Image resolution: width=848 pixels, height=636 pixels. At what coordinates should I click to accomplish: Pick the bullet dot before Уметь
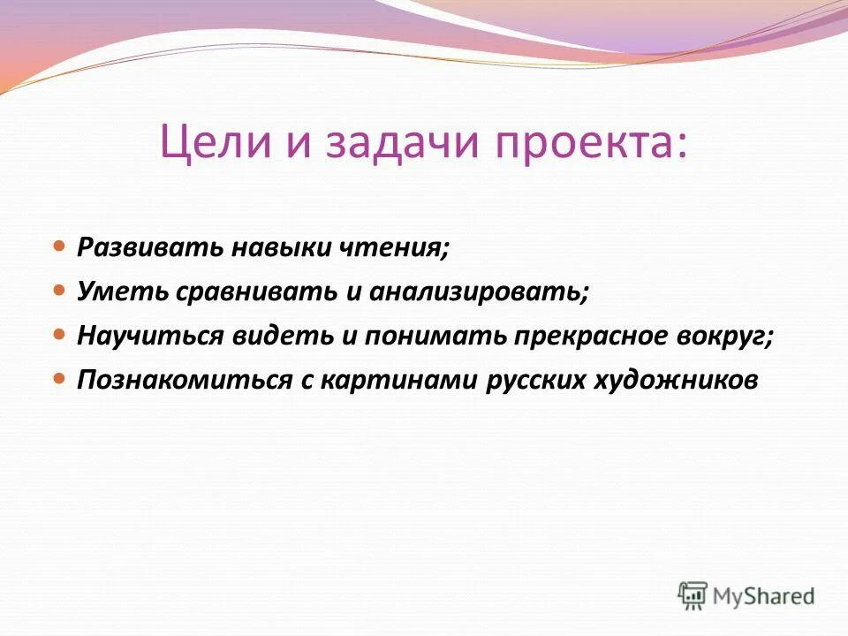59,289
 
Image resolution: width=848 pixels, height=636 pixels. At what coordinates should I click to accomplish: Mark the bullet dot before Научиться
59,334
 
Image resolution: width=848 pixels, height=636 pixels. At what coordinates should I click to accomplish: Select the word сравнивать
253,291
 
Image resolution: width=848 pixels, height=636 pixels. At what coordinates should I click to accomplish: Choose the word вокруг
725,337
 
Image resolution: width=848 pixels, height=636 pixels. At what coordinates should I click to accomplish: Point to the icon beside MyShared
693,595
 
